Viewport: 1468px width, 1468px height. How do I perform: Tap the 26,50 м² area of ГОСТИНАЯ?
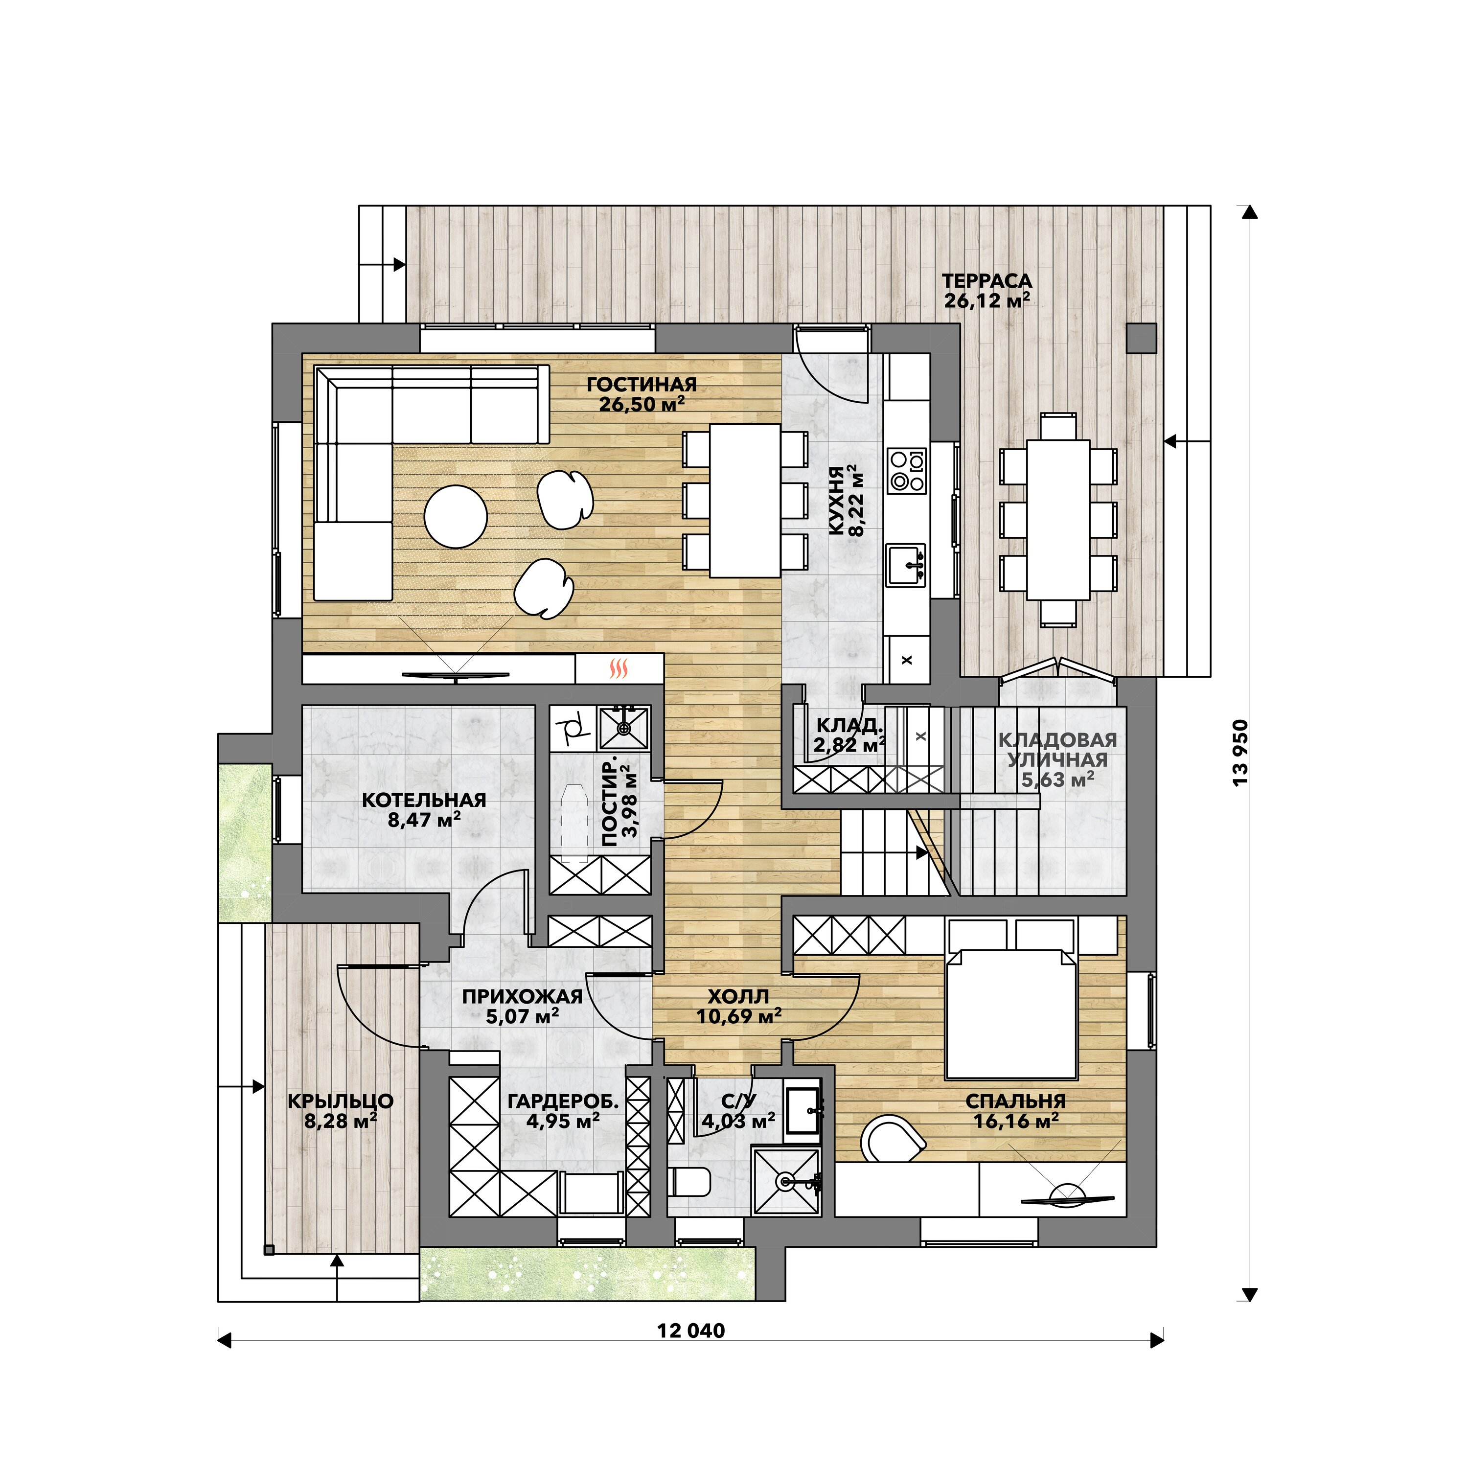pos(642,404)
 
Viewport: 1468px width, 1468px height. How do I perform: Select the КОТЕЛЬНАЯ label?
pos(424,800)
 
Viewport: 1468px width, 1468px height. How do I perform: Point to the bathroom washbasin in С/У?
pos(803,1114)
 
